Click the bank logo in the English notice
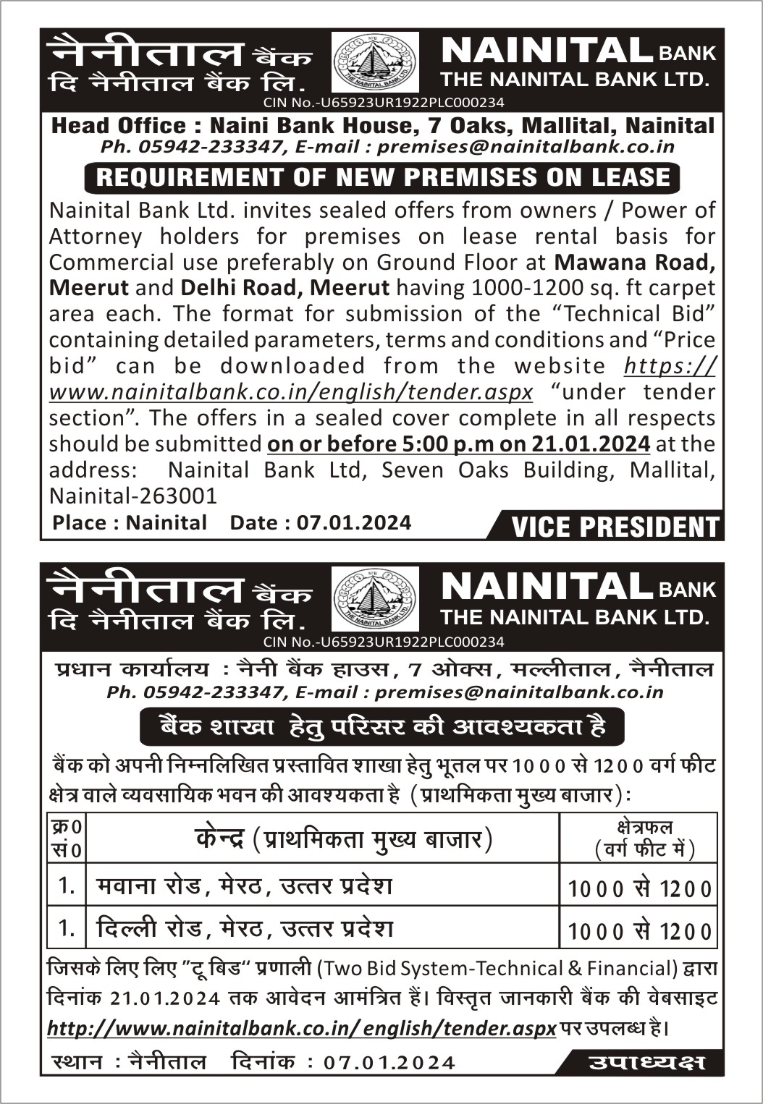pos(374,63)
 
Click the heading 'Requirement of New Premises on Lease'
pos(383,178)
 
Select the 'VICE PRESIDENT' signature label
pos(615,527)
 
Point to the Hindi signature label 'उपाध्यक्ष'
pos(646,1062)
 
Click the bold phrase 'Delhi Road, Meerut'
pos(284,288)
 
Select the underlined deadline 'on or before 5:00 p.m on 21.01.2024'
pos(458,443)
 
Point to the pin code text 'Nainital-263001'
pos(133,496)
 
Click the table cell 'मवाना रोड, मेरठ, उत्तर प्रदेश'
pos(244,886)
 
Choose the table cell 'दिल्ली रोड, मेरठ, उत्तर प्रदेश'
pos(244,928)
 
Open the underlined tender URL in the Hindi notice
pos(301,1028)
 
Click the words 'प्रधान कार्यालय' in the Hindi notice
pos(132,669)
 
